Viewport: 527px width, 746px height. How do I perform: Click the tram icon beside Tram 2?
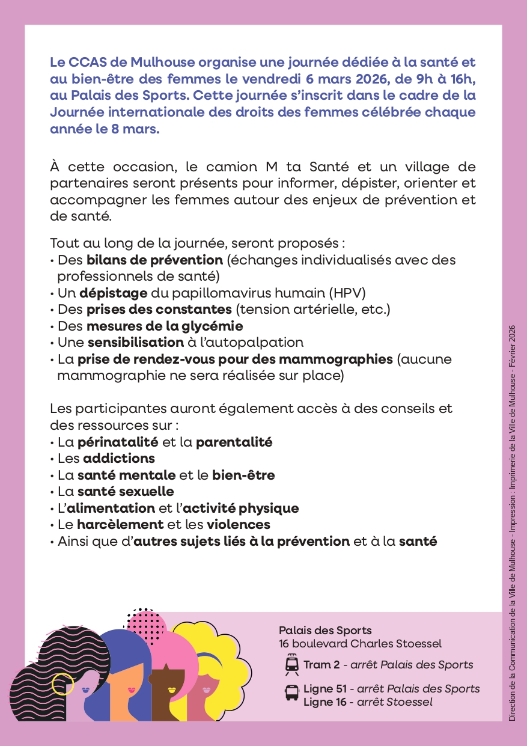coord(292,665)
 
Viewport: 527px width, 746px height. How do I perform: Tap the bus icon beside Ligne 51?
coord(291,692)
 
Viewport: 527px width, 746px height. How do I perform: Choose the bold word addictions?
coord(119,459)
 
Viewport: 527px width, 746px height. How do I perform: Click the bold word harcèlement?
coord(129,525)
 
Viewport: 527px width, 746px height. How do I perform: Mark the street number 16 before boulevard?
coord(285,644)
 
